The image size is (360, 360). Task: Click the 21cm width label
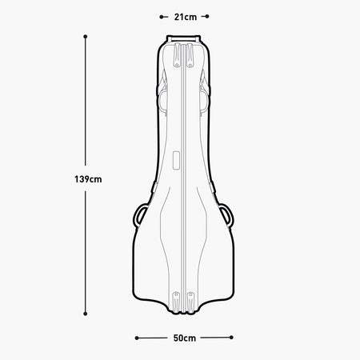pos(186,17)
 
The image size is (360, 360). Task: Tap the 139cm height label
pos(88,179)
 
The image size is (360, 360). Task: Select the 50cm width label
pos(185,338)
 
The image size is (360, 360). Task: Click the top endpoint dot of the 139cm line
pos(86,37)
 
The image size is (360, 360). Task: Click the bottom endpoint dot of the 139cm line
pos(86,314)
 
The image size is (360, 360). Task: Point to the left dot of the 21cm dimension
pos(162,17)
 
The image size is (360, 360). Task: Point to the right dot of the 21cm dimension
pos(207,17)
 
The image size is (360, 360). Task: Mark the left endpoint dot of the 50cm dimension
pos(137,338)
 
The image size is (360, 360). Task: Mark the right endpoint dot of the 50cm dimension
pos(231,338)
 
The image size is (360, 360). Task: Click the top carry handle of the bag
pos(183,38)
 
